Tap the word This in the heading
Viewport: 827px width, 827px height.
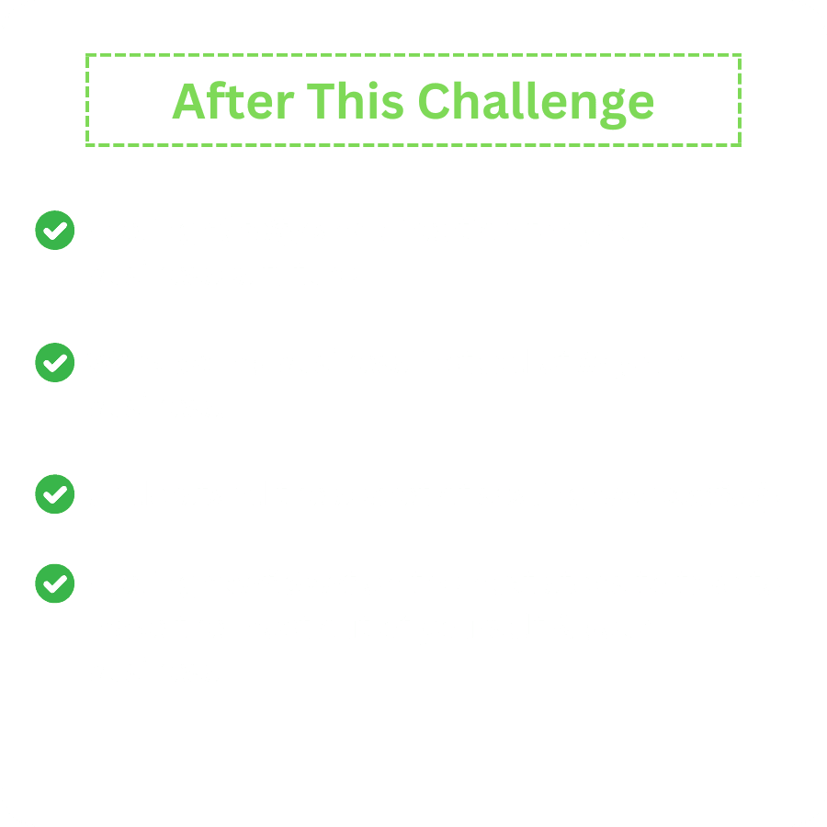click(356, 100)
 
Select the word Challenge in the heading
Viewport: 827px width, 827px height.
click(537, 105)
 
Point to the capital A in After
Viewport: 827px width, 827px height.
click(188, 101)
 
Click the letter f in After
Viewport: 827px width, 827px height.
click(216, 99)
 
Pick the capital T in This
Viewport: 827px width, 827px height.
click(321, 101)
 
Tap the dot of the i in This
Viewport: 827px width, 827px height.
click(373, 85)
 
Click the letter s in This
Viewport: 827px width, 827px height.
click(393, 106)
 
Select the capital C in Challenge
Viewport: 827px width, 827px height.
click(434, 101)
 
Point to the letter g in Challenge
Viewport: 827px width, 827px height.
click(613, 109)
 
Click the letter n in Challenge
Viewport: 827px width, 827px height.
click(583, 105)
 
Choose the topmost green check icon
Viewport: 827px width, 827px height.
click(55, 230)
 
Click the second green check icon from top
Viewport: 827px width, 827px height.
click(55, 362)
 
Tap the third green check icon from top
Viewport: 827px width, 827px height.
click(55, 493)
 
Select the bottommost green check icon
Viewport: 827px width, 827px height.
click(55, 583)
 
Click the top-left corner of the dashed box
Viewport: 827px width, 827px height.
click(87, 55)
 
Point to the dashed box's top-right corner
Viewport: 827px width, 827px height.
click(740, 55)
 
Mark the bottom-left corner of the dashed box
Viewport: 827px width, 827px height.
click(87, 145)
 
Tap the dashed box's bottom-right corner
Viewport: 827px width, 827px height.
click(740, 145)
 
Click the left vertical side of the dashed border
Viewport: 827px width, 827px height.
click(87, 100)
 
